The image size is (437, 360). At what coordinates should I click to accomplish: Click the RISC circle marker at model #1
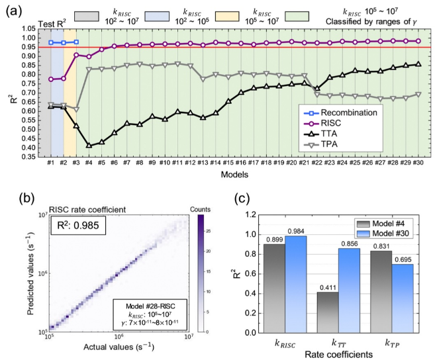pos(50,79)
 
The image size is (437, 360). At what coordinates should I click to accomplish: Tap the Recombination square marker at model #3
pos(75,42)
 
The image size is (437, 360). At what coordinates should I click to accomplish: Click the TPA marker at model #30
pos(418,94)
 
